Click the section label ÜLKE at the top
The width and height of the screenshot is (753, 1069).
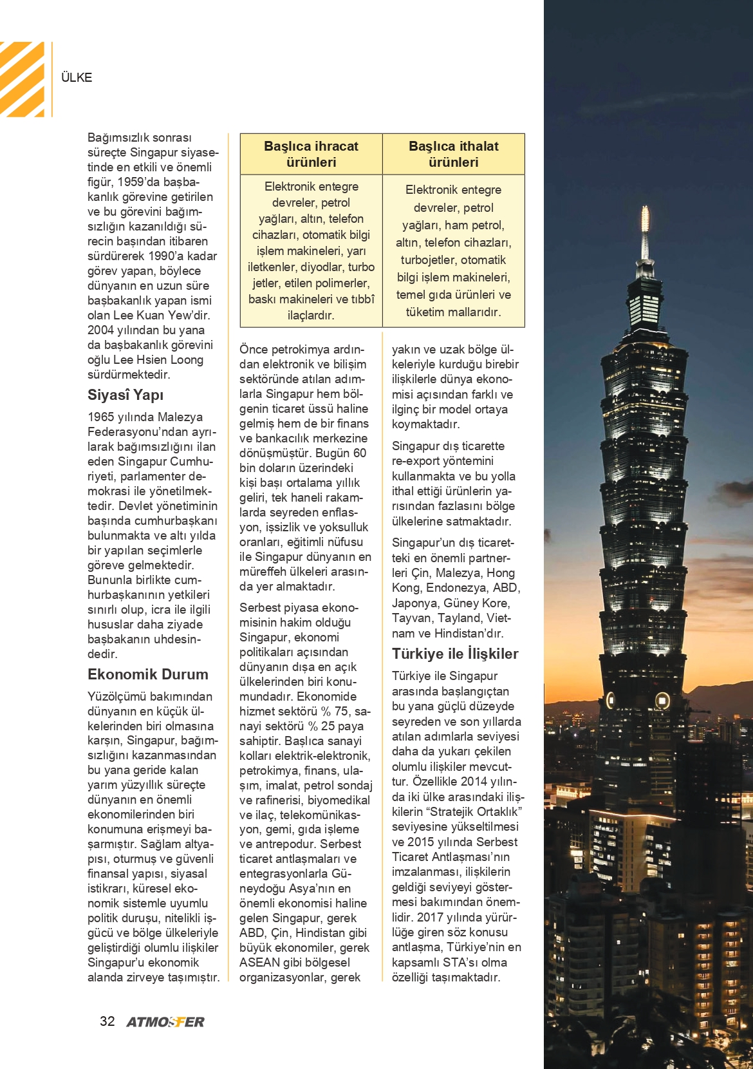[77, 78]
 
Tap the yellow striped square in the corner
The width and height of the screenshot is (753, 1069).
[22, 79]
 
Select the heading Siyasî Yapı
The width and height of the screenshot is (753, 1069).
[126, 395]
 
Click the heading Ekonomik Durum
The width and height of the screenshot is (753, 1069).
[148, 675]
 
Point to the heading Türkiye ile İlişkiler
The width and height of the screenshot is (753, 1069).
[455, 654]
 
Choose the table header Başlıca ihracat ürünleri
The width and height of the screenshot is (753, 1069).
[311, 155]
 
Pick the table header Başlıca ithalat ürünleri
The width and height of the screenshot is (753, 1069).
[453, 155]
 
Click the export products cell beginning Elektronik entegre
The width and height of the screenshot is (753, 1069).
[311, 251]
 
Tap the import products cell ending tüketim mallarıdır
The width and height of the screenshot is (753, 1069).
[453, 251]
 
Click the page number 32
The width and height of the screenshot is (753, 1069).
[107, 1021]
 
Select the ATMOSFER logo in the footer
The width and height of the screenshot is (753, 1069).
[165, 1022]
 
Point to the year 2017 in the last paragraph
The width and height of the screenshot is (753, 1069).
[431, 917]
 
